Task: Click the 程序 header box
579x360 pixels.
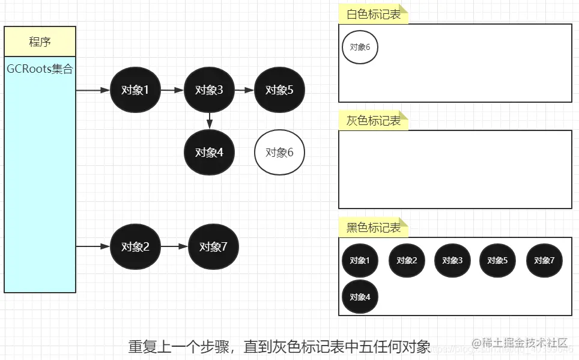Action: tap(40, 41)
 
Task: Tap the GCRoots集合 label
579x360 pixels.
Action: tap(40, 69)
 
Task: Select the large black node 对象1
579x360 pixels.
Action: tap(135, 90)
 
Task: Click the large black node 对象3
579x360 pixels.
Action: tap(209, 90)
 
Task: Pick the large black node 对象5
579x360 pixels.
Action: tap(279, 90)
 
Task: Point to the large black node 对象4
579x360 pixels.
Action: tap(209, 152)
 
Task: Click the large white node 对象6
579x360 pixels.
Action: tap(279, 152)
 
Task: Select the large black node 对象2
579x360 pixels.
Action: tap(135, 246)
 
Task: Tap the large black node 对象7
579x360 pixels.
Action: tap(213, 246)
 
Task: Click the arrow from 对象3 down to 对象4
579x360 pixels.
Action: tap(209, 120)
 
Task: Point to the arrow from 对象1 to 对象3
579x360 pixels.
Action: tap(172, 90)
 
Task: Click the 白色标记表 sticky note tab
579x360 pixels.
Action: tap(373, 14)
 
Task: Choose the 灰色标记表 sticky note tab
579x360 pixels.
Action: tap(373, 121)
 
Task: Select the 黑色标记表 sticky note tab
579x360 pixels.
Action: tap(373, 228)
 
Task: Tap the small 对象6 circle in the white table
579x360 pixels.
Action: tap(360, 47)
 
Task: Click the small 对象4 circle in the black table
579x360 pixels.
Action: tap(360, 296)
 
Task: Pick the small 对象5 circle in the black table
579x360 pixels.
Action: tap(497, 260)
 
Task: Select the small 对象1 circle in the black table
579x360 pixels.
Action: tap(360, 260)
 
